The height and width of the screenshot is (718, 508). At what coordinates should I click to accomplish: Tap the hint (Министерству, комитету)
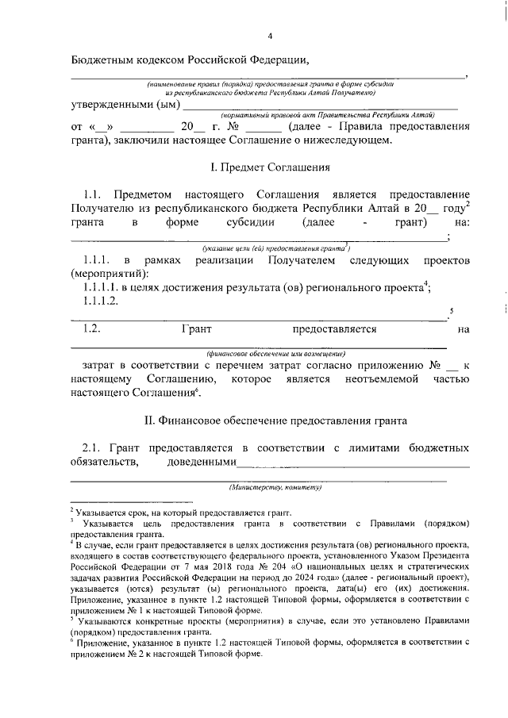(x=275, y=486)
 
